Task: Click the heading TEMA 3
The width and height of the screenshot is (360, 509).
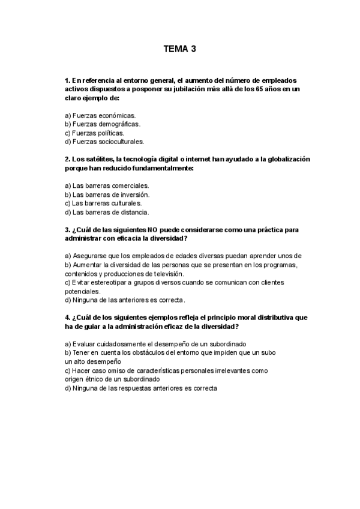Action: (x=179, y=50)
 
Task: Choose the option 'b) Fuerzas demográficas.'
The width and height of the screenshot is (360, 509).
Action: (x=102, y=124)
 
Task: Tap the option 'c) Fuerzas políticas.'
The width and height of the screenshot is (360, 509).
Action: (x=94, y=133)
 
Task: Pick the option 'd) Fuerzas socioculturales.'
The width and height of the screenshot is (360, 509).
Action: (x=104, y=142)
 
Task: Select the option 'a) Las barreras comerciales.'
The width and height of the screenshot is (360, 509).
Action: (x=106, y=185)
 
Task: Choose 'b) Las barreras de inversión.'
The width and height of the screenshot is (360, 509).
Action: (x=107, y=194)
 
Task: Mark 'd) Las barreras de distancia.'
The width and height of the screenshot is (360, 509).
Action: (x=106, y=212)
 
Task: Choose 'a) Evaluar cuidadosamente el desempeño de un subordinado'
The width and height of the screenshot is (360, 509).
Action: (x=151, y=344)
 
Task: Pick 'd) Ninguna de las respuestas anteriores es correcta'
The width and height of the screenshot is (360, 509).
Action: (x=140, y=388)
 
